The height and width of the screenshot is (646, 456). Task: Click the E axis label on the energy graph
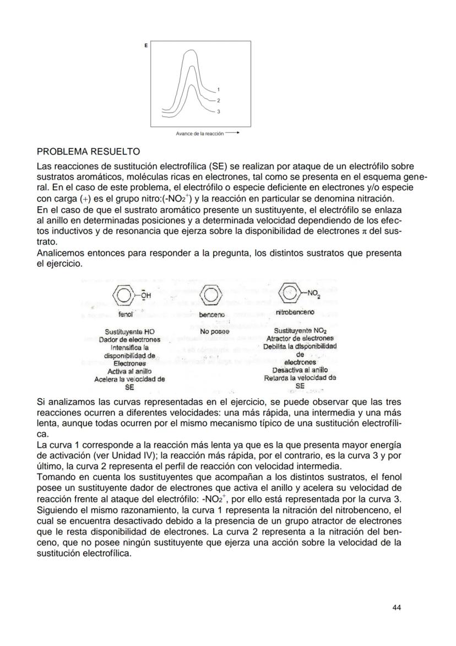pos(146,46)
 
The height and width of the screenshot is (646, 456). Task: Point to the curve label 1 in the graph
pos(219,89)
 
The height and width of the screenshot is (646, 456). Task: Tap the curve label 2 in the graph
pos(219,100)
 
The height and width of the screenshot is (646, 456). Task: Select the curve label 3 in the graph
pos(219,112)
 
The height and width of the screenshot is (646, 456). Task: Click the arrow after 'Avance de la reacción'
pos(232,133)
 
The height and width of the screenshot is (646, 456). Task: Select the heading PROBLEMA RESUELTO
pos(88,151)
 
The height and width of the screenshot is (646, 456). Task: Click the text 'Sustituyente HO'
pos(129,332)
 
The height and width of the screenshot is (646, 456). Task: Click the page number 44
pos(397,607)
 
